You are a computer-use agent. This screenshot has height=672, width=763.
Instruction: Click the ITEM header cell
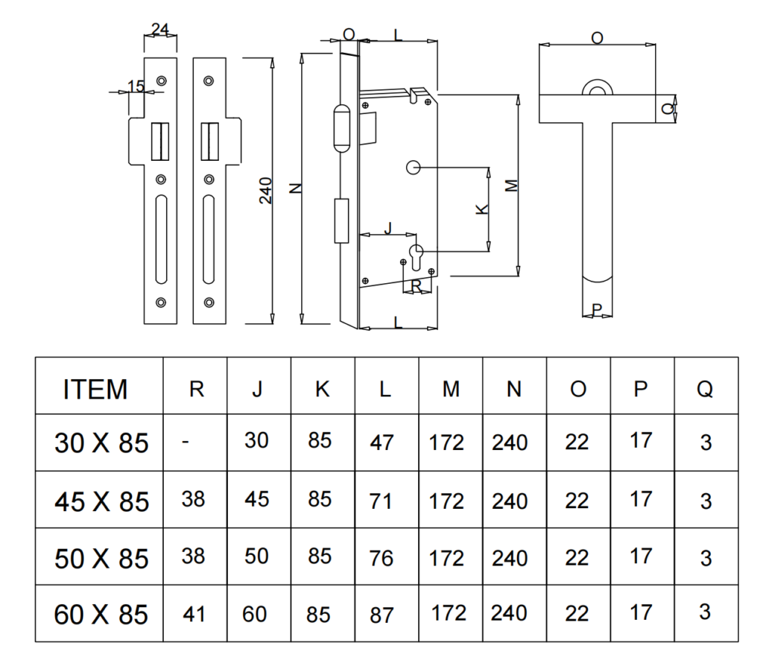95,390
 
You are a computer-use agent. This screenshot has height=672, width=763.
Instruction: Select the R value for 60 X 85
194,614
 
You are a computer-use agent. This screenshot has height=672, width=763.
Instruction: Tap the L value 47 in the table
381,443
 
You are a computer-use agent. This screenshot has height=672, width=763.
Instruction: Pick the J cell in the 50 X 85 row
256,557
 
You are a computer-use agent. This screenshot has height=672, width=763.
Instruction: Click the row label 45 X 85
101,501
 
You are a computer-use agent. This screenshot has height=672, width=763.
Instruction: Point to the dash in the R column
186,442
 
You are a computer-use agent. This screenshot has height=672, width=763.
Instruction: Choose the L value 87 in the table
381,615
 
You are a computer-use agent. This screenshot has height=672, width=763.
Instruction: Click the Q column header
705,390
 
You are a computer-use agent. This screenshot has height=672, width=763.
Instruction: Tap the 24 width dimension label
160,29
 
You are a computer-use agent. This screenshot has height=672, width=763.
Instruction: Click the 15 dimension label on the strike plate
136,86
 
